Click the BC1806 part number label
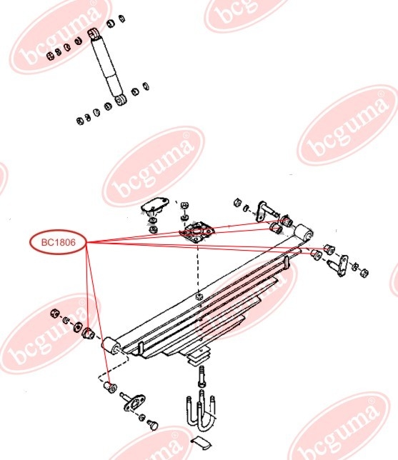coord(59,242)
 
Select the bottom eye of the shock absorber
coord(120,100)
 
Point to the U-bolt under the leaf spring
coord(201,413)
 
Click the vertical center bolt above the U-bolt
coord(202,376)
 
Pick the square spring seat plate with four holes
coord(197,231)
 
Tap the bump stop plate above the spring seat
coord(155,204)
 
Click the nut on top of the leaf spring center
coord(199,296)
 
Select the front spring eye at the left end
coord(110,345)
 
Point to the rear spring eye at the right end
coord(303,233)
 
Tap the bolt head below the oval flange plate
coord(153,425)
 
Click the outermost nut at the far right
coord(364,273)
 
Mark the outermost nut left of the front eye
coord(54,314)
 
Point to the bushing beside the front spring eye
coord(87,334)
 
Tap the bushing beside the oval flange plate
coord(111,388)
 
